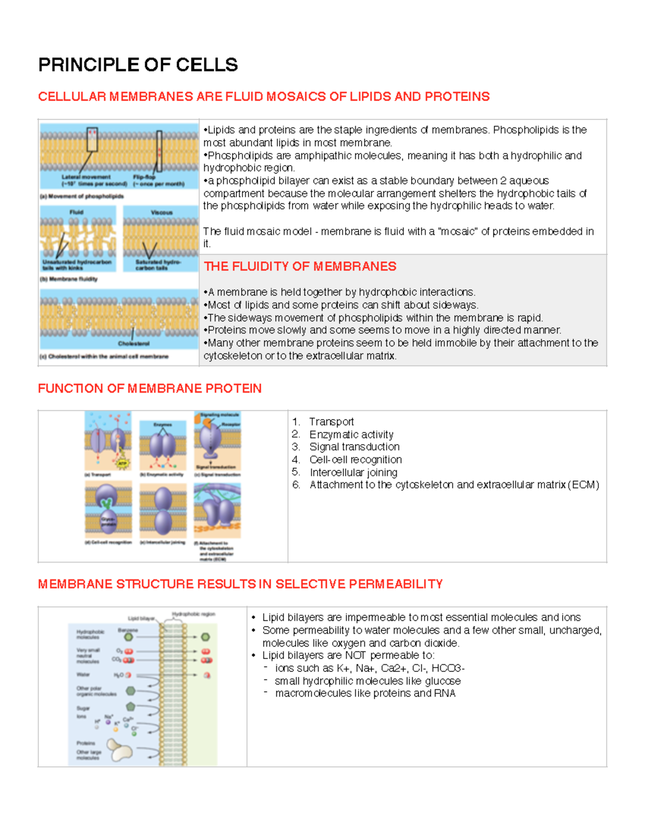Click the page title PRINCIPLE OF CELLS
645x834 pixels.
coord(138,65)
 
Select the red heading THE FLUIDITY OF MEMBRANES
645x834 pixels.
coord(300,266)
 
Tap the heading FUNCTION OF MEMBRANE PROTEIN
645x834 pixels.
coord(149,388)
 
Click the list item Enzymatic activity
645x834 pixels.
coord(351,434)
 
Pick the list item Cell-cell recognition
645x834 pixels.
coord(355,460)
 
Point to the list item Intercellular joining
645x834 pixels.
coord(353,473)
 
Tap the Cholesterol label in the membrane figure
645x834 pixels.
coord(134,343)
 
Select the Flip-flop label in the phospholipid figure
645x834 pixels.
coord(144,177)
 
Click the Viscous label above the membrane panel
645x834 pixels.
coord(161,213)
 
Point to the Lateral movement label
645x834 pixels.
coord(86,177)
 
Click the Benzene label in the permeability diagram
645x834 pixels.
coord(128,630)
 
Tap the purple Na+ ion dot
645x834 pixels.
coord(108,723)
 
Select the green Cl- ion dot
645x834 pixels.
coord(134,733)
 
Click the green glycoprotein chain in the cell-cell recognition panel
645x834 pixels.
coord(108,504)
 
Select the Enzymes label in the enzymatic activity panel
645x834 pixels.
coord(162,425)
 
